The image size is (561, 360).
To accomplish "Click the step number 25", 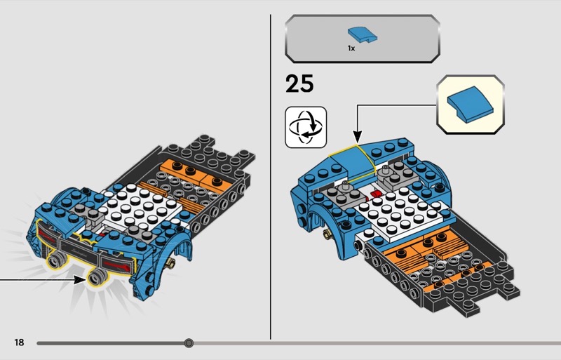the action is [x=299, y=84].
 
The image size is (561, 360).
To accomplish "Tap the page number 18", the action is [x=20, y=342].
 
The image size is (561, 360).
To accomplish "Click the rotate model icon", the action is [x=306, y=127].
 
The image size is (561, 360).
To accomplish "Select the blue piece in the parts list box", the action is [x=363, y=36].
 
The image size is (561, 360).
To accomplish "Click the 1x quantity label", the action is [x=351, y=48].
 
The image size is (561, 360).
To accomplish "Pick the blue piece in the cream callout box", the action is [x=471, y=105].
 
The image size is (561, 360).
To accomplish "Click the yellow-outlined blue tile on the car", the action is [x=353, y=160].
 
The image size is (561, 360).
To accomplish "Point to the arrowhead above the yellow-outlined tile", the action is [x=357, y=138].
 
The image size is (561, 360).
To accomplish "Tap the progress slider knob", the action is [x=189, y=343].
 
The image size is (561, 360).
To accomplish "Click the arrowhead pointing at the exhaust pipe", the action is [x=79, y=279].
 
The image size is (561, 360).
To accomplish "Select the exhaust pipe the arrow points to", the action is [x=97, y=277].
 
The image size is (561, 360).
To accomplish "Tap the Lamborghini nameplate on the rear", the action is [x=80, y=250].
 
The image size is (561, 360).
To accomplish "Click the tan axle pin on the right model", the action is [x=327, y=234].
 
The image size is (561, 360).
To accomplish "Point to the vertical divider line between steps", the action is [x=271, y=177].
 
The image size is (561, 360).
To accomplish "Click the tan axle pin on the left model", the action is [x=171, y=263].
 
